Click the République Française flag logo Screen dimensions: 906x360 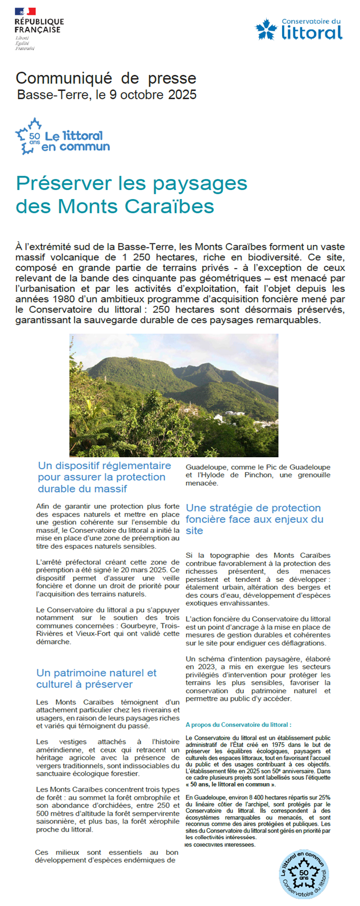[x=25, y=11]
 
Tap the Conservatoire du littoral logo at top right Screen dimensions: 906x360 [x=299, y=29]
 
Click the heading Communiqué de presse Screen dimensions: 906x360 [x=106, y=78]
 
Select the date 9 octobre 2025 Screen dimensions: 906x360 [x=153, y=94]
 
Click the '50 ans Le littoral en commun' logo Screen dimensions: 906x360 [x=62, y=137]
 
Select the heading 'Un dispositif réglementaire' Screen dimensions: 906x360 [x=104, y=465]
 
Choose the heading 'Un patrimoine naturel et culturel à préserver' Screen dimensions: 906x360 [x=96, y=679]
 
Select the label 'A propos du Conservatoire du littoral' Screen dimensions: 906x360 [x=238, y=725]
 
